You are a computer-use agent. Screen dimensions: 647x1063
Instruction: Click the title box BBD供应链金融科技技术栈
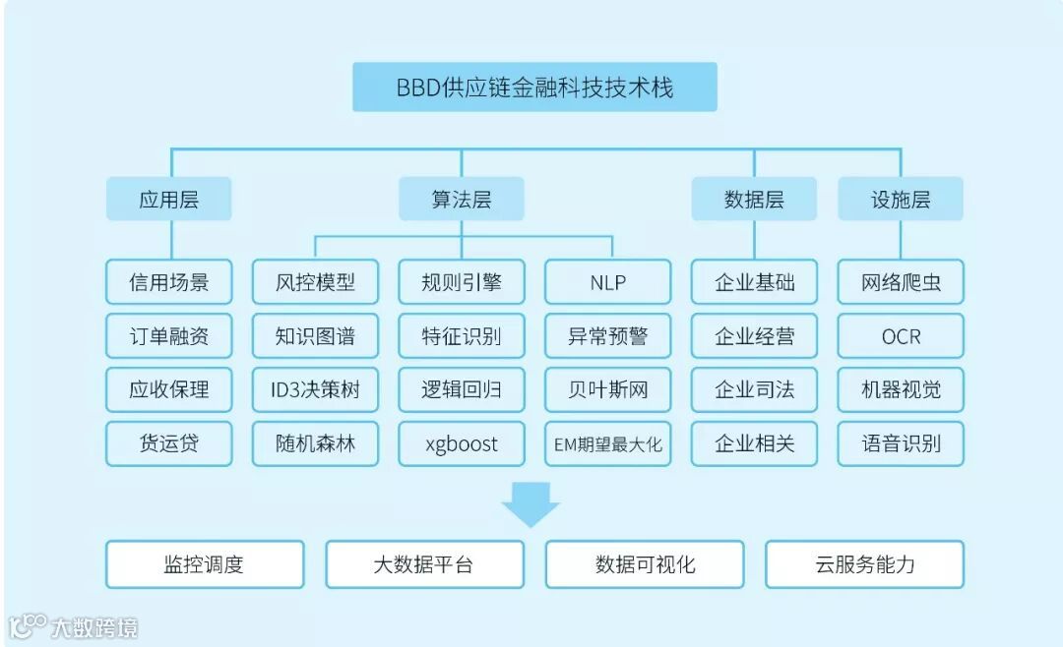(x=534, y=88)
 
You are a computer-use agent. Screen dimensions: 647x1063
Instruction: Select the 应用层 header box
(x=168, y=200)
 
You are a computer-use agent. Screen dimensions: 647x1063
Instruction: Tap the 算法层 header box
(x=461, y=200)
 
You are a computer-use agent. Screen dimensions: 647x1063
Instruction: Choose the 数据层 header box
(x=754, y=200)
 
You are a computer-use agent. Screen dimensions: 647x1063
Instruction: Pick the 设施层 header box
(x=900, y=200)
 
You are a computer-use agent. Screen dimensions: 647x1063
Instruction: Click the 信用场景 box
(x=168, y=282)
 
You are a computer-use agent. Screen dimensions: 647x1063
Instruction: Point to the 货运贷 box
(x=168, y=443)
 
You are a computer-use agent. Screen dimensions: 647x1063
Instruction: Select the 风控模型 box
(x=315, y=282)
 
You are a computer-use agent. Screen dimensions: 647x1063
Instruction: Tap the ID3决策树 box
(x=315, y=389)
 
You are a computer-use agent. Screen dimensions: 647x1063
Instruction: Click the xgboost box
(x=461, y=443)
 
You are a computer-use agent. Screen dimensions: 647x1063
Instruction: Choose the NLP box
(x=607, y=282)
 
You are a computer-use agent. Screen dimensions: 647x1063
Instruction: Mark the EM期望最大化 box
(x=607, y=443)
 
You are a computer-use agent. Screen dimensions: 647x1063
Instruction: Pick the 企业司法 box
(x=754, y=389)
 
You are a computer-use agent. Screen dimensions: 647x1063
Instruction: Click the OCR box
(x=900, y=336)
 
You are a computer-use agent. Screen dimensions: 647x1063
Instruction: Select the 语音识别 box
(x=900, y=443)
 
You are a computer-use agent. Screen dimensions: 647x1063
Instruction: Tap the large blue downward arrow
(x=531, y=502)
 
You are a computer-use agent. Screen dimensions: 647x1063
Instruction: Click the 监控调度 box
(x=204, y=564)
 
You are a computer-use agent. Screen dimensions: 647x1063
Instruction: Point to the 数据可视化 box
(x=645, y=564)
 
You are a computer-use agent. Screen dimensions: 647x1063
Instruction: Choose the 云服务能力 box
(x=864, y=564)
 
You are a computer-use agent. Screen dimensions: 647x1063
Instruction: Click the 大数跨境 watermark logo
(x=73, y=626)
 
